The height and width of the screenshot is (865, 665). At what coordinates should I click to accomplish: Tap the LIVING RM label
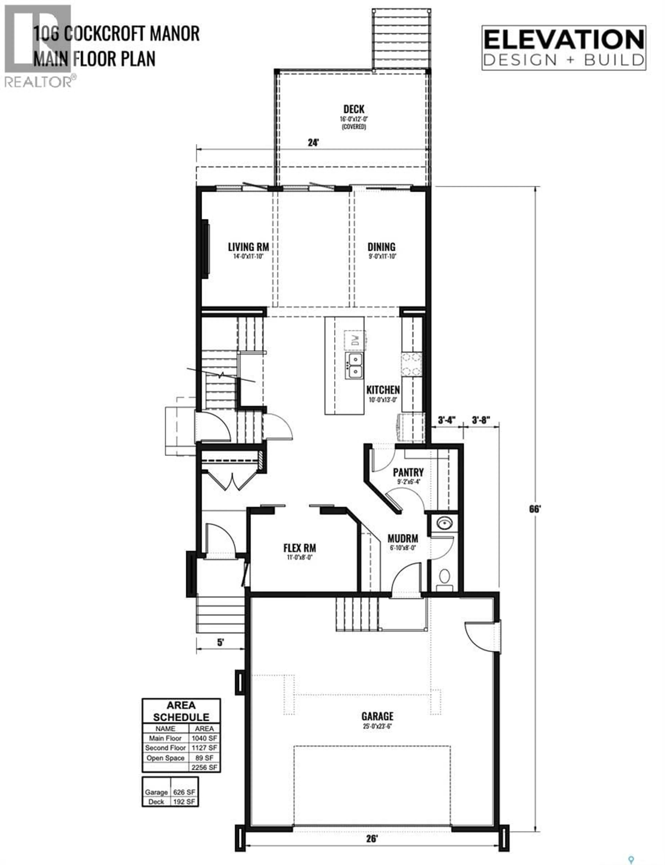248,247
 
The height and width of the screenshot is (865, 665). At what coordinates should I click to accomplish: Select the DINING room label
381,247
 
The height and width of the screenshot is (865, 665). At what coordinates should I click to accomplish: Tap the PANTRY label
408,473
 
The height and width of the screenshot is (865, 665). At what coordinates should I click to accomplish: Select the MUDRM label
403,539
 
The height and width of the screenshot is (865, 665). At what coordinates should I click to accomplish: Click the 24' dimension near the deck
313,143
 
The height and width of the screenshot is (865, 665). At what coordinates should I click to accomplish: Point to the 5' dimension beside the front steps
220,642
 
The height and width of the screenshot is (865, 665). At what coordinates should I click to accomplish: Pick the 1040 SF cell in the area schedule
204,738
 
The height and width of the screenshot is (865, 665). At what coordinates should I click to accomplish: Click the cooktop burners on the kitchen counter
411,364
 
